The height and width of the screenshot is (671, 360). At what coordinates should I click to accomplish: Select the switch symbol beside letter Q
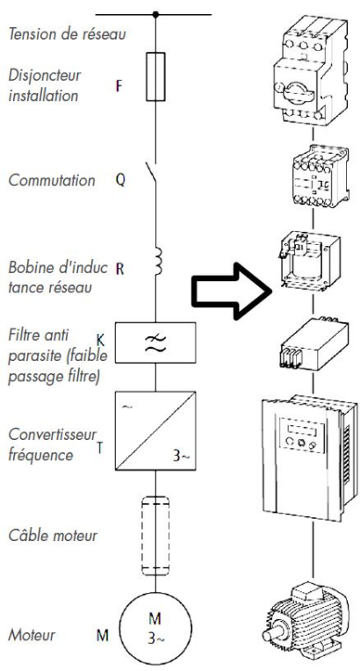point(155,180)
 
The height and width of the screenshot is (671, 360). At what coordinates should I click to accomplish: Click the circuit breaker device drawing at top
point(314,70)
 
